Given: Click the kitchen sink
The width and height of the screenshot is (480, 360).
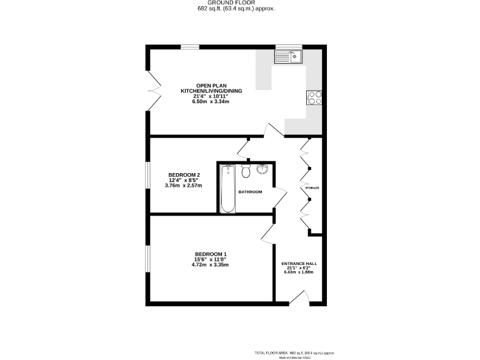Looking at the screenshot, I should (x=288, y=57).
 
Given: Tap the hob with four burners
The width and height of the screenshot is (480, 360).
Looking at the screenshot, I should (x=313, y=97).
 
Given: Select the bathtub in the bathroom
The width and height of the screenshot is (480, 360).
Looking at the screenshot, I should (x=227, y=188).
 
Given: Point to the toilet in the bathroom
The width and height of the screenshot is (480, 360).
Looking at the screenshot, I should (x=246, y=171).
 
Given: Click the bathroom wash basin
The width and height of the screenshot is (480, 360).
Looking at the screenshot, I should (x=262, y=169).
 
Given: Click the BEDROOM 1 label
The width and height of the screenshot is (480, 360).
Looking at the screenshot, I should (x=210, y=254).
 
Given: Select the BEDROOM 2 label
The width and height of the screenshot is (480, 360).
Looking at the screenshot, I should (x=184, y=174).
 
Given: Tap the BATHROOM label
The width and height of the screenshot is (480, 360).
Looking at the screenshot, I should (x=250, y=192).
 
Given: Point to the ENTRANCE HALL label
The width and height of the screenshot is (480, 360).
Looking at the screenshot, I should (x=299, y=264).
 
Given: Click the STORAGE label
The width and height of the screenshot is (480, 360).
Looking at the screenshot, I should (x=312, y=187).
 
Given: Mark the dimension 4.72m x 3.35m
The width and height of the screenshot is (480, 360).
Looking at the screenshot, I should (x=210, y=265).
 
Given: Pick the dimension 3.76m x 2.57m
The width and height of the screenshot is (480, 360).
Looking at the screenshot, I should (x=184, y=186).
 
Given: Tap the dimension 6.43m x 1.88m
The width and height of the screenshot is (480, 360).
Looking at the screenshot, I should (x=299, y=272).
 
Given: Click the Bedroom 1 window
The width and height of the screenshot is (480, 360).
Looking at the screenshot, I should (x=148, y=259).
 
